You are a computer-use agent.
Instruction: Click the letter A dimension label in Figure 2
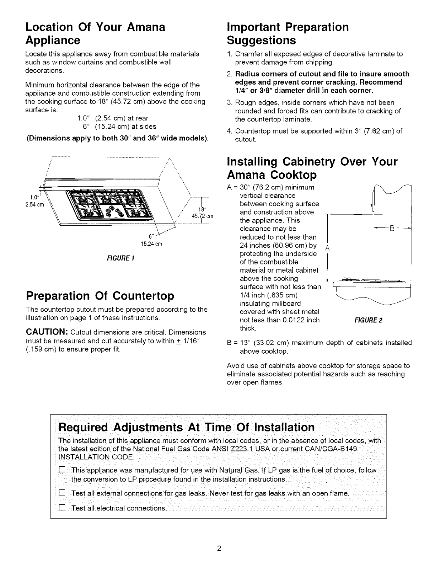point(328,248)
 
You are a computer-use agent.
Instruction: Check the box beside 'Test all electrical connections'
point(62,507)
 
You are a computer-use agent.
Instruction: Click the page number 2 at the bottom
point(219,548)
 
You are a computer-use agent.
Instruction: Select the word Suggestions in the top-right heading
point(261,41)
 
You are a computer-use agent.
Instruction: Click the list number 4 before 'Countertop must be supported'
point(229,131)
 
